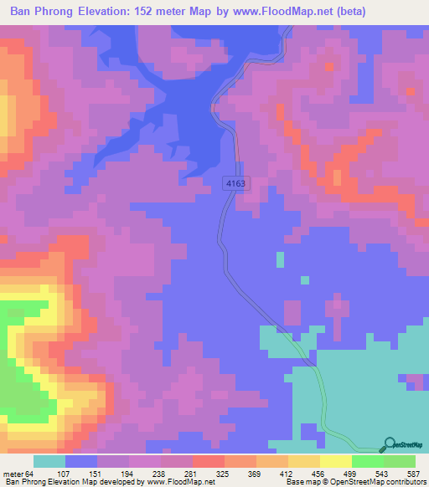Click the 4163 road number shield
235,183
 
